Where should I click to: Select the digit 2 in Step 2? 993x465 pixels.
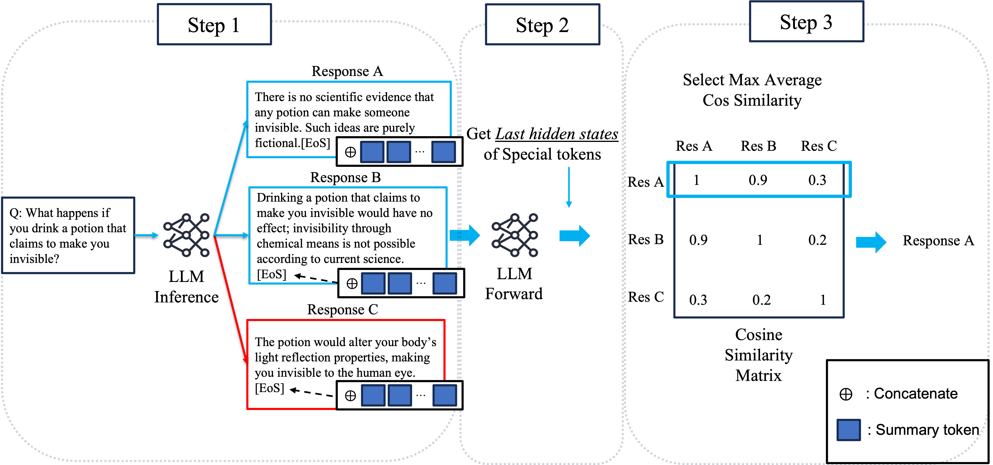(563, 26)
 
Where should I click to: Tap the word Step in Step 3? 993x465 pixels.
(798, 22)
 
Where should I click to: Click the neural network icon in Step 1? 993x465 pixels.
(186, 235)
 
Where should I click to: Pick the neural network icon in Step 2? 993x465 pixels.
(515, 235)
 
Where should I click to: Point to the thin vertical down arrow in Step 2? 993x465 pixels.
(568, 187)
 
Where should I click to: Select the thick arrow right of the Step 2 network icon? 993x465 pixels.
(574, 236)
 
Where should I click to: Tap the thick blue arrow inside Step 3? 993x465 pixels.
(871, 242)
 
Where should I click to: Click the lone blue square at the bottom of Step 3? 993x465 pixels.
(849, 430)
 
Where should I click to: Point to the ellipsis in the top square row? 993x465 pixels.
(420, 152)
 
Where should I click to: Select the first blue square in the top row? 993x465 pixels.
(372, 152)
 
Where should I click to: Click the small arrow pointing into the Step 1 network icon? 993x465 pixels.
(147, 235)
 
